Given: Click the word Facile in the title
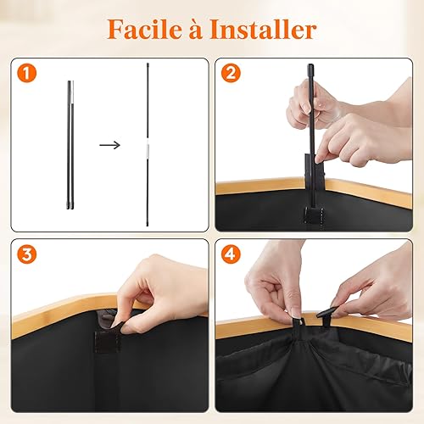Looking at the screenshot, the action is pos(144,30).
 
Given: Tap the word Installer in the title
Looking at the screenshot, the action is pos(263,30).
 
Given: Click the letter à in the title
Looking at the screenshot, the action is pos(196,30).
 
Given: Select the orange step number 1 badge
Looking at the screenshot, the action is pos(27,73).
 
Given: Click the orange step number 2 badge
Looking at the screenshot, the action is pos(231,73).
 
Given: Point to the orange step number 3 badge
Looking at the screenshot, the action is pos(27,254).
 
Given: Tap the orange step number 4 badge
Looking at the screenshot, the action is pos(231,254).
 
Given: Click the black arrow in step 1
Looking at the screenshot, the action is pos(110,145).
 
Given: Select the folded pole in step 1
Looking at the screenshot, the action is pos(70,145).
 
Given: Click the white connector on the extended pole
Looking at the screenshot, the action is pos(148,148).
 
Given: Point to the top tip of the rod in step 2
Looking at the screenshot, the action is pos(310,65).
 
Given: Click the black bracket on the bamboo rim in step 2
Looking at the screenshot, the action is pos(314,171).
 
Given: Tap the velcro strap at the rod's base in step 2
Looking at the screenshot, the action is pos(313,215).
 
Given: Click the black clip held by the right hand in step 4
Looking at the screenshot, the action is pos(327,315).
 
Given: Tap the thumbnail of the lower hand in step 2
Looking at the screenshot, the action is pos(319,159).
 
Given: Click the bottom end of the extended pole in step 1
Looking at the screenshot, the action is pos(148,226).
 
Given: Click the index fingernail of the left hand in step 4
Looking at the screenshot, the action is pos(295,311).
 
